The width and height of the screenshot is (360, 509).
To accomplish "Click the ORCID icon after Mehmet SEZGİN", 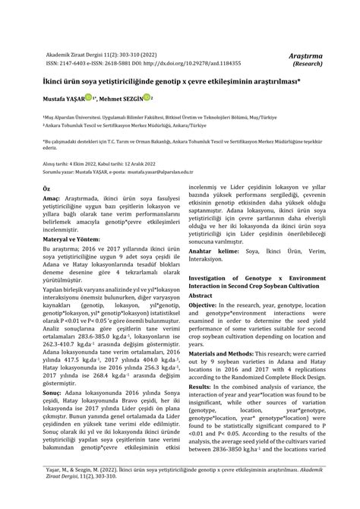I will (149, 98).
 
